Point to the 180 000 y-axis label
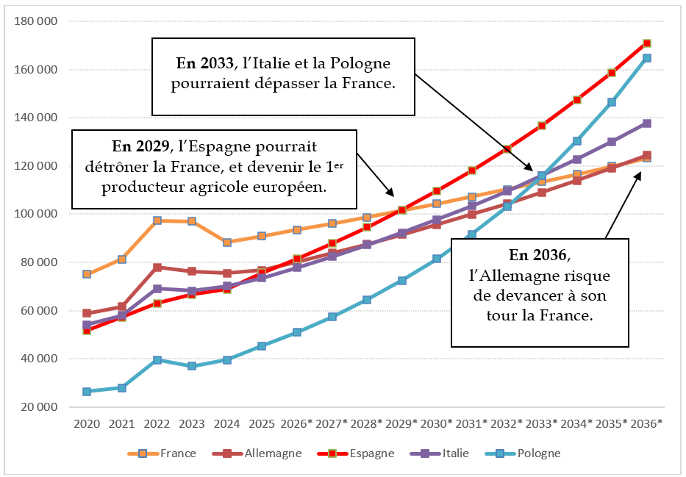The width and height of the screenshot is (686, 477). pos(36,21)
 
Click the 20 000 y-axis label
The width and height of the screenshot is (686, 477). pos(39,407)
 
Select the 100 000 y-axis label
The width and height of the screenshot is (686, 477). pos(36,215)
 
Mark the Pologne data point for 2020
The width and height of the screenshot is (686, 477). pos(87,392)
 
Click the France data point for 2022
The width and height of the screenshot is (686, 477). pos(157,220)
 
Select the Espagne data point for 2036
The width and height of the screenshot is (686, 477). pos(646,43)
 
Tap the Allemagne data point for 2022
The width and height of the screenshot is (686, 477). pos(157,267)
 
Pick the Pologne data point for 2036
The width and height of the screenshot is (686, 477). pos(646,58)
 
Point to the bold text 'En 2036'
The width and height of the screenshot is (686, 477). pos(538,256)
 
